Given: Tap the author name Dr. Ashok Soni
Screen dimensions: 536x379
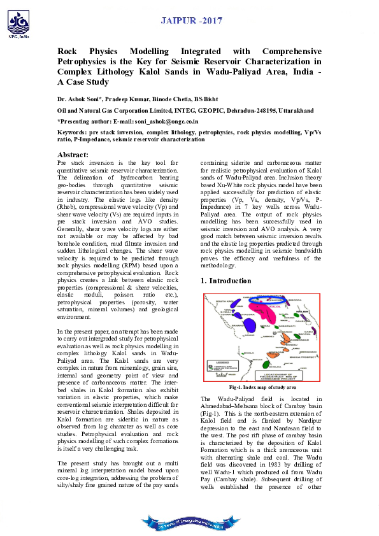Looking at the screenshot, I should [79, 99].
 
